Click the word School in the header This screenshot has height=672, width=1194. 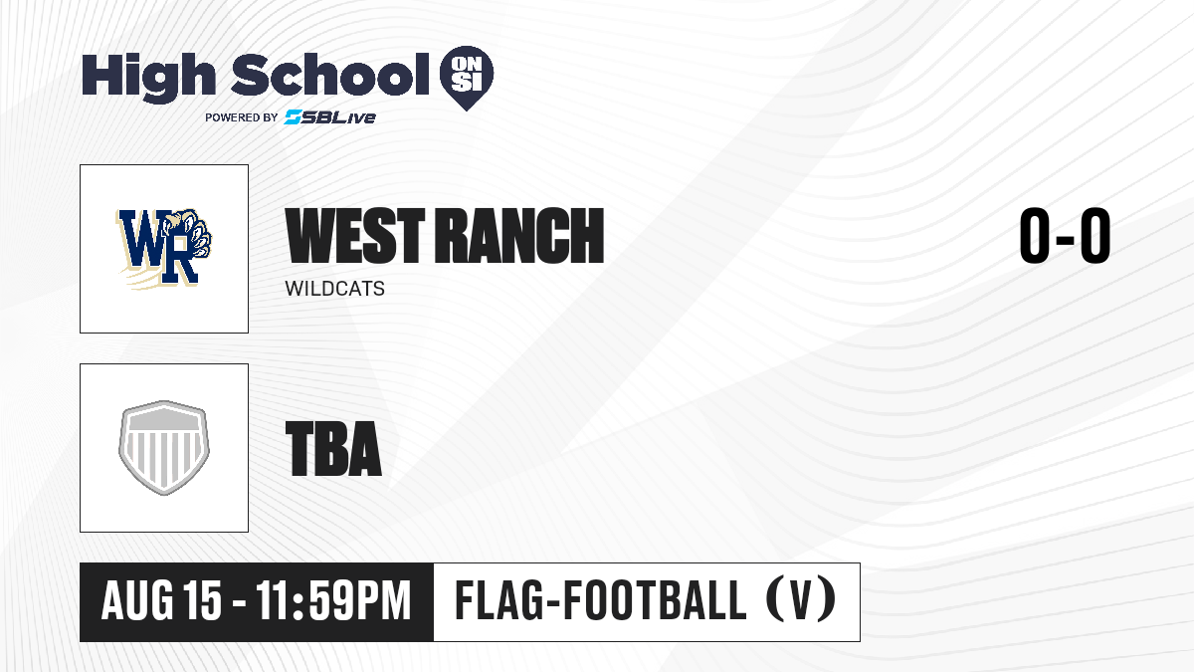(330, 74)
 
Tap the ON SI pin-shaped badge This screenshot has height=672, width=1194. (467, 78)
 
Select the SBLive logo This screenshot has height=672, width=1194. (330, 117)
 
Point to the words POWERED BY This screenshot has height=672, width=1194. (242, 117)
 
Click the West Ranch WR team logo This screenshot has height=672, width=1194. (164, 249)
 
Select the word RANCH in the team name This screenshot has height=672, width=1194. (519, 236)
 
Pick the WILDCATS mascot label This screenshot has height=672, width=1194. (334, 289)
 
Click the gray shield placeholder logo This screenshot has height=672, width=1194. (164, 448)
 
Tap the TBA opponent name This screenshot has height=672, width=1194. (333, 449)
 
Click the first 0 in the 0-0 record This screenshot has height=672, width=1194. (1035, 235)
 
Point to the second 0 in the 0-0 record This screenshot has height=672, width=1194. (1094, 235)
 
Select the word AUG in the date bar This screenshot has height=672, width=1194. (137, 600)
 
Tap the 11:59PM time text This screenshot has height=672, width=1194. (333, 600)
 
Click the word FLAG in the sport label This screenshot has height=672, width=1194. (499, 600)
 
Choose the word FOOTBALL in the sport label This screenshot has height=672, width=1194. (655, 600)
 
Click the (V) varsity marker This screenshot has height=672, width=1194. (801, 600)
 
